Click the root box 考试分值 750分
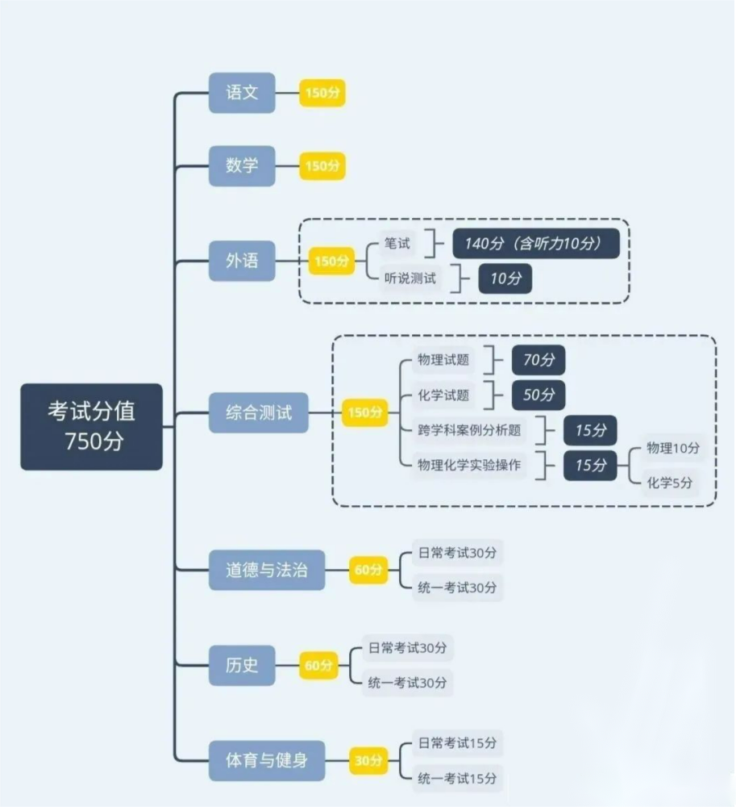point(91,426)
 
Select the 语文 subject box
point(242,93)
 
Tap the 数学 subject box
point(242,165)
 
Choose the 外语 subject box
point(242,261)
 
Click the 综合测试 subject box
point(259,412)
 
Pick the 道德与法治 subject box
point(267,570)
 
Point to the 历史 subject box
point(242,665)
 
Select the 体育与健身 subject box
point(267,760)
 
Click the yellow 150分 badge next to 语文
point(322,93)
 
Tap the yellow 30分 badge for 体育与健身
point(368,760)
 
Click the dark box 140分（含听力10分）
point(536,243)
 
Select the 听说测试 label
point(410,278)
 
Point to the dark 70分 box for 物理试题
point(538,360)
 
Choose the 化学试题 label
point(443,395)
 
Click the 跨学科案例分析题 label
point(469,430)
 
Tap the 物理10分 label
point(673,448)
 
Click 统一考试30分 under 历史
point(407,683)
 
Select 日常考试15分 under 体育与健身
point(457,743)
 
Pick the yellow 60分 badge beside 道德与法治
point(368,570)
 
